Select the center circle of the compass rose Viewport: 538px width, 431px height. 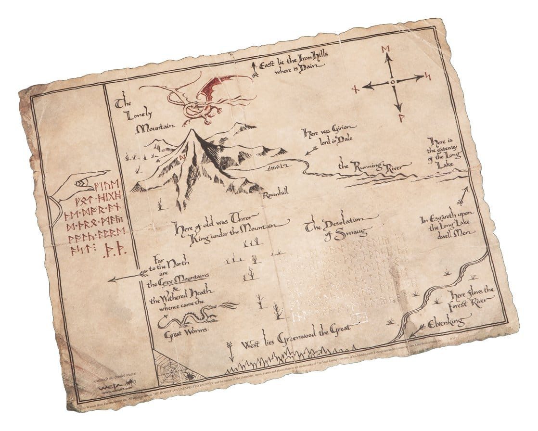coord(393,83)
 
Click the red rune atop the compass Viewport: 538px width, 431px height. coord(385,50)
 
